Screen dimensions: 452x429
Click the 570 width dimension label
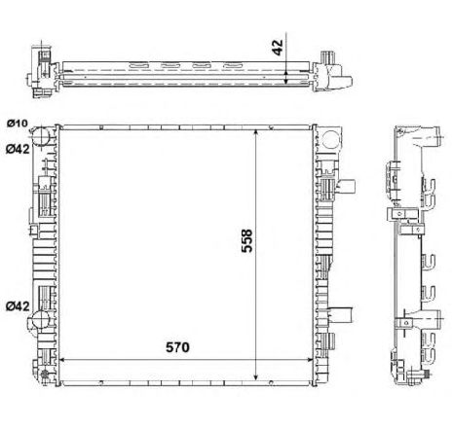177,347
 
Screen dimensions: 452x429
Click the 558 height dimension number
246,240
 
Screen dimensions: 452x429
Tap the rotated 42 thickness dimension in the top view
277,48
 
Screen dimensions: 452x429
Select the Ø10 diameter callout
18,124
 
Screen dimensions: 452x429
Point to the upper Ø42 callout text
18,149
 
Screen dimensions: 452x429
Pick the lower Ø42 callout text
18,305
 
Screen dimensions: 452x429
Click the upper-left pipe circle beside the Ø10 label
41,136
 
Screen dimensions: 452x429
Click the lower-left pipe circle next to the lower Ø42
40,319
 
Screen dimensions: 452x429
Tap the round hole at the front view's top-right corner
331,139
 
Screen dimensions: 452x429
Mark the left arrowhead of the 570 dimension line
61,360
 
